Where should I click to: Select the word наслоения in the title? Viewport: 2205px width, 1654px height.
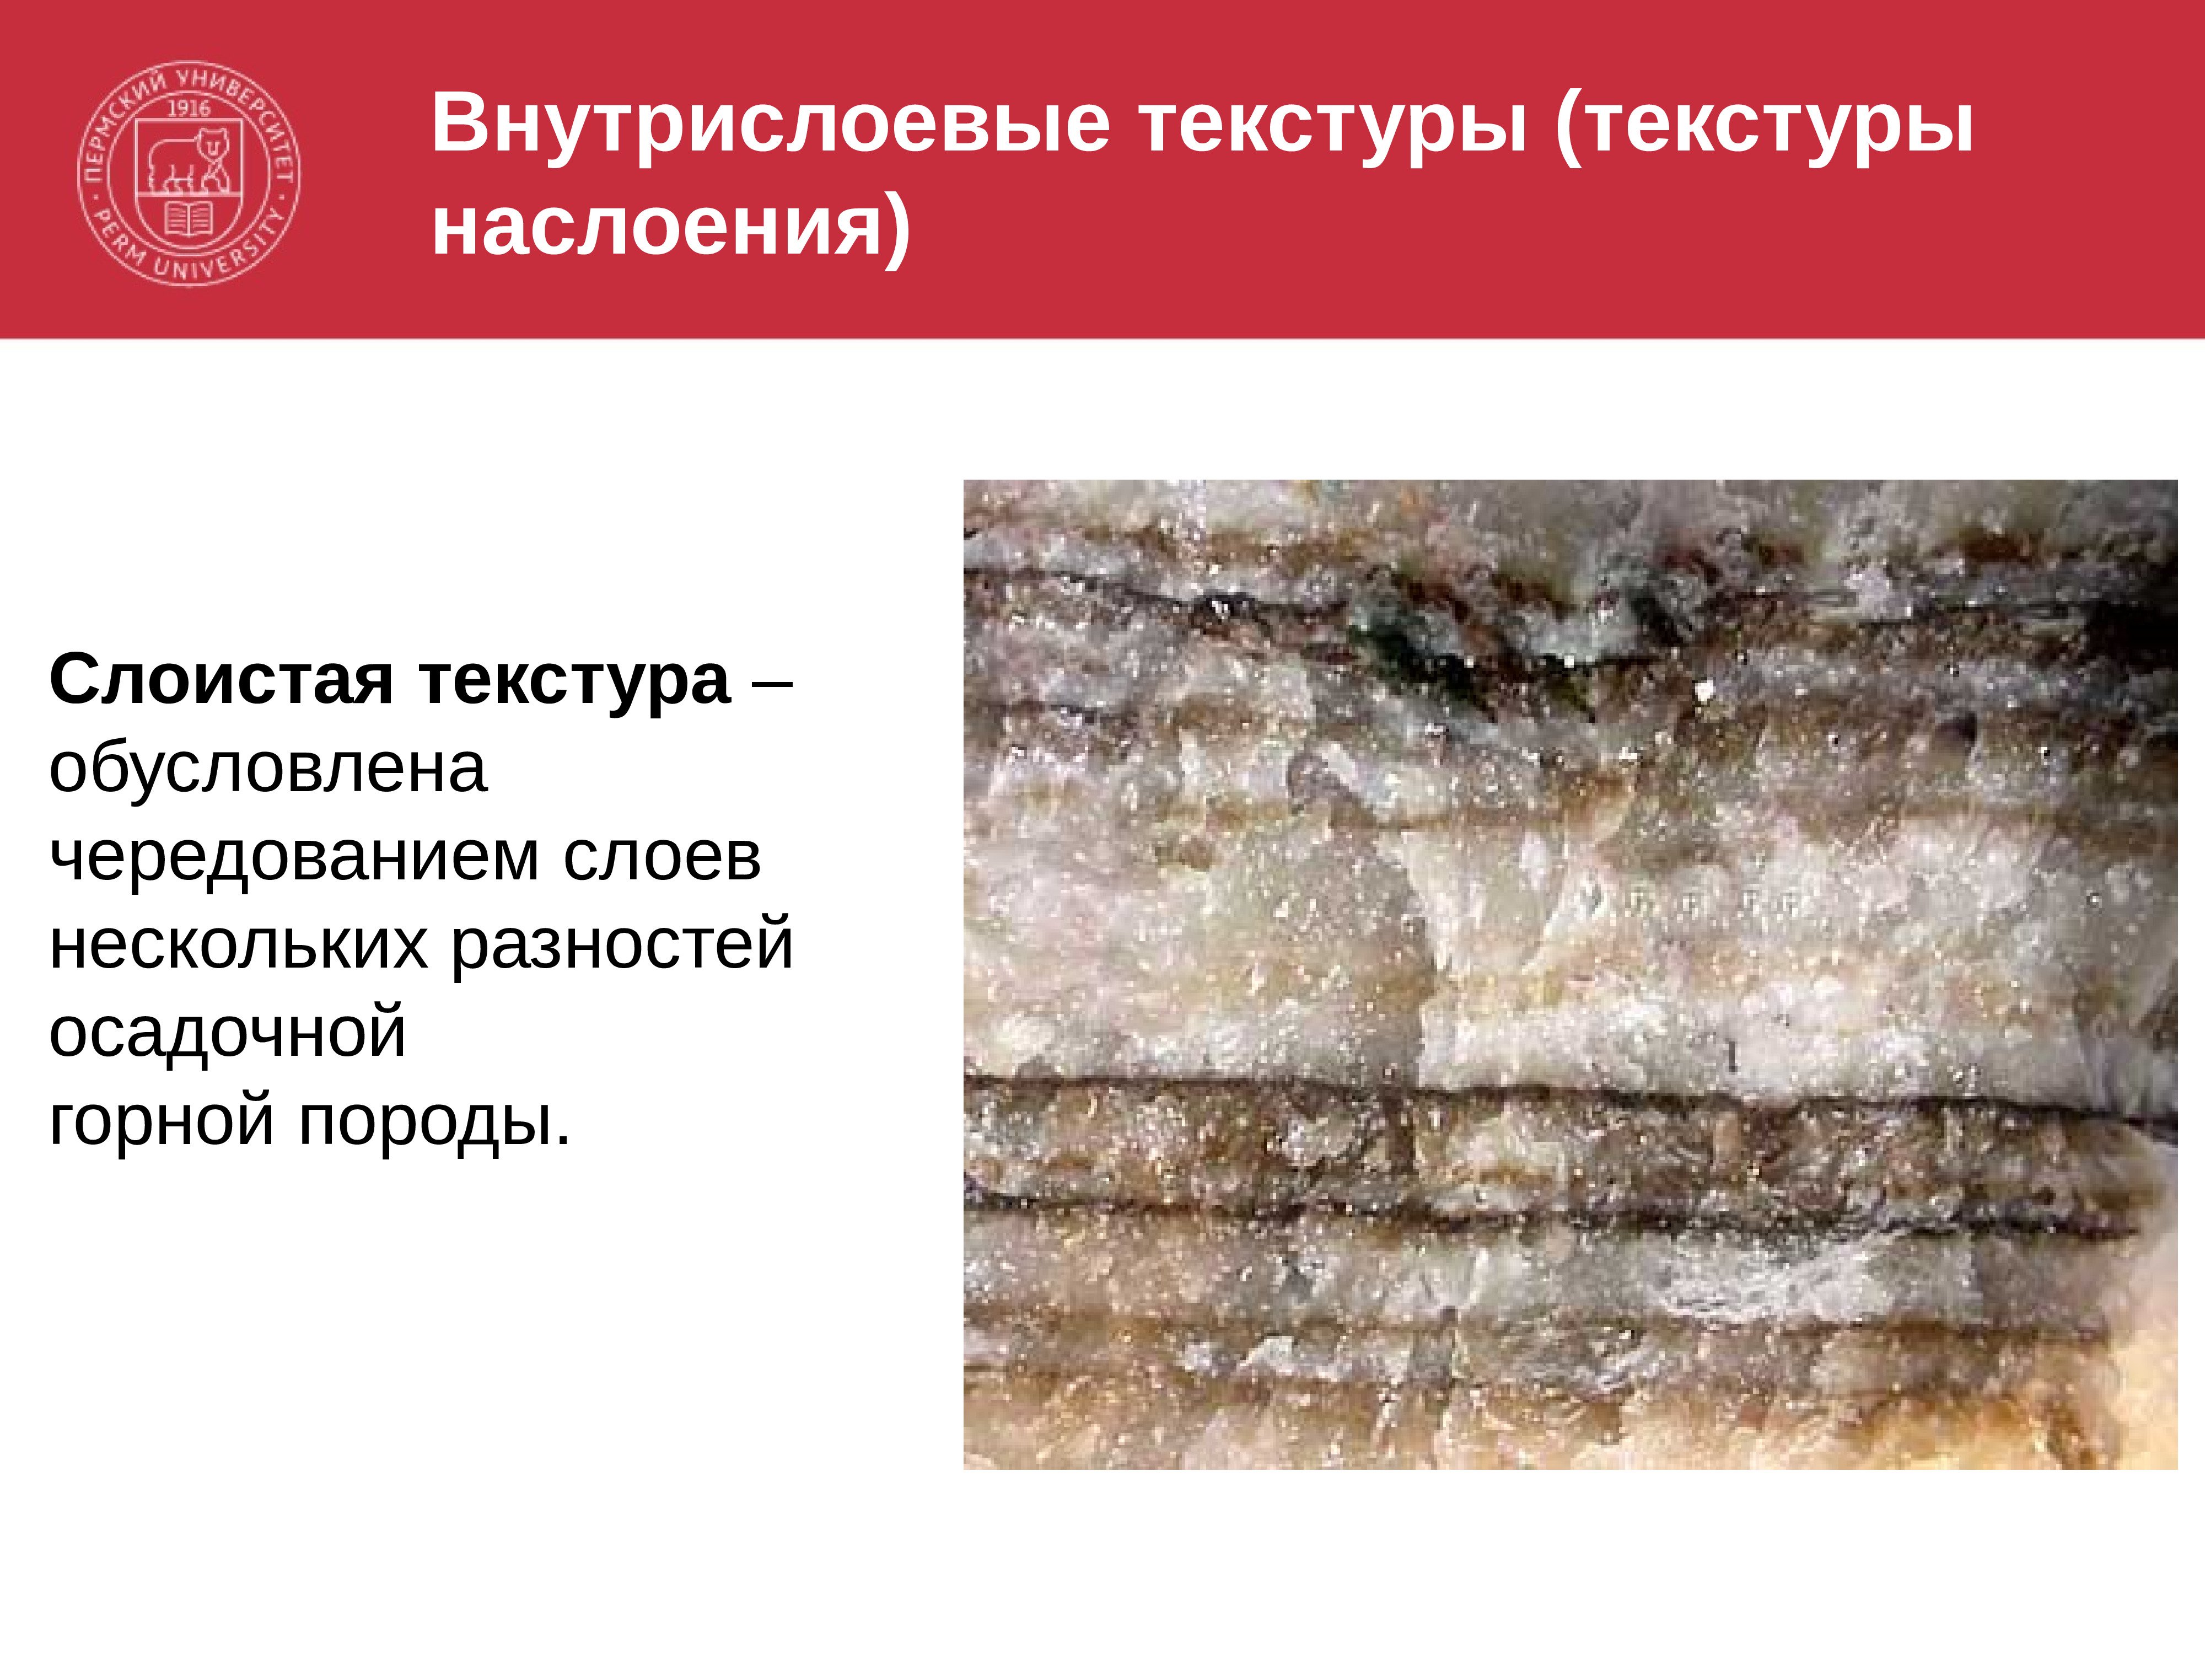tap(658, 226)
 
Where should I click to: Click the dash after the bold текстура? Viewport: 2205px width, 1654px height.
tap(773, 685)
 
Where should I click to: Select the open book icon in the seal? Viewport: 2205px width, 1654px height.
tap(189, 218)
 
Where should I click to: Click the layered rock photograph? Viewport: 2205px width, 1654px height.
tap(1570, 975)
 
